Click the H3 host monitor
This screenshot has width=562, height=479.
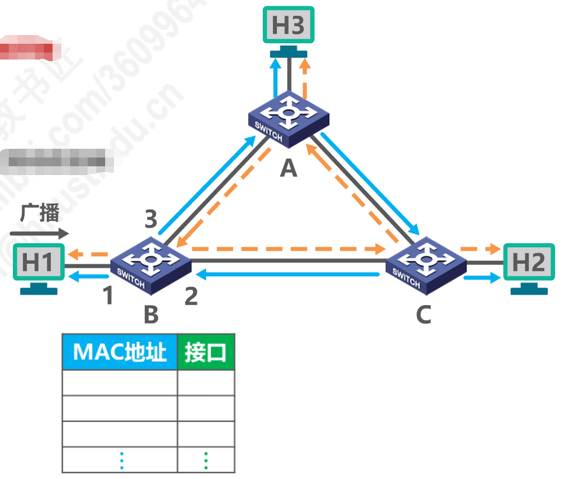tap(288, 25)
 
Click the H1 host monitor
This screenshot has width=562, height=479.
tap(38, 263)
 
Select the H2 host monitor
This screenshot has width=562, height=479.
tap(529, 263)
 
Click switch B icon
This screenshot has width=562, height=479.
tap(151, 263)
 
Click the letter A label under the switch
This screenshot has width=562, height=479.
tap(288, 169)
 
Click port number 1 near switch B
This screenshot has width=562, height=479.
tap(107, 296)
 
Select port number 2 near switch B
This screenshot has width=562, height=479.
tap(191, 296)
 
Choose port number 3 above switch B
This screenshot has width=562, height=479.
tap(151, 220)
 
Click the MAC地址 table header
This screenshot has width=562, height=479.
tap(120, 352)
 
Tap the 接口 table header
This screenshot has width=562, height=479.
tap(206, 352)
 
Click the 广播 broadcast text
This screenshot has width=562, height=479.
tap(40, 213)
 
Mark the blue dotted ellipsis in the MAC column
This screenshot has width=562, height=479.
tap(122, 460)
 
